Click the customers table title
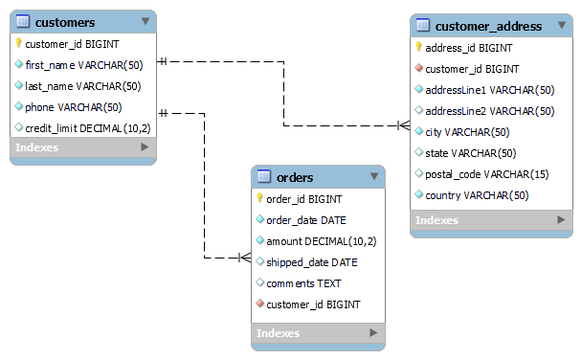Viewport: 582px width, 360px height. [64, 21]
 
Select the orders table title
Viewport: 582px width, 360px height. [294, 177]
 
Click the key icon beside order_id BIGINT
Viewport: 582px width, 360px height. [259, 199]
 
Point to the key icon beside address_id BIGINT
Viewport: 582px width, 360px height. [419, 47]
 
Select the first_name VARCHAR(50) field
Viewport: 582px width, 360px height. [82, 65]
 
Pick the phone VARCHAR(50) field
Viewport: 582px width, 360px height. [73, 106]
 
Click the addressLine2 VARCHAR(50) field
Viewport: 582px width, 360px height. [489, 111]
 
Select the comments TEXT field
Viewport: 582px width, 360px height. [302, 283]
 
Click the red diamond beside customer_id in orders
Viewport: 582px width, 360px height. [259, 304]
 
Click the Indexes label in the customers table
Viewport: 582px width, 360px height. [37, 147]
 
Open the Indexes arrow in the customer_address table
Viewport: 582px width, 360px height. [561, 220]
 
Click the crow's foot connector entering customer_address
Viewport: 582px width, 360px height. [403, 125]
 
